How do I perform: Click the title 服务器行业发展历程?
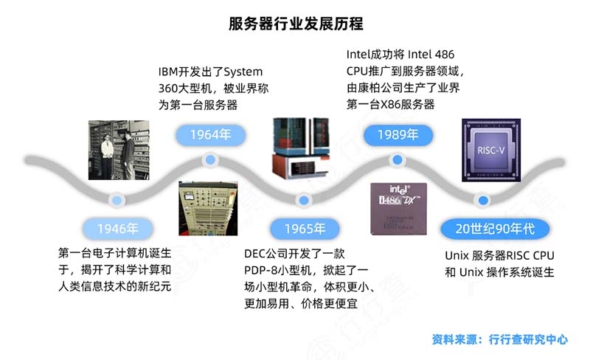tap(296, 24)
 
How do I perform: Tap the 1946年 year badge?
tap(118, 229)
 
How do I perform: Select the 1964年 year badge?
tap(210, 135)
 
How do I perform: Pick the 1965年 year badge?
tap(305, 229)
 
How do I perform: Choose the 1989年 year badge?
tap(398, 135)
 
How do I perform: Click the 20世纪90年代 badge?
tap(495, 229)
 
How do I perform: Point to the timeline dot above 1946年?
tap(117, 201)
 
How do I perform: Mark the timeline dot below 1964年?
tap(210, 159)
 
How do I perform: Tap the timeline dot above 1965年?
tap(304, 201)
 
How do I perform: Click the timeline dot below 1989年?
tap(398, 160)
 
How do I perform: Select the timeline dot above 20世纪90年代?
tap(483, 201)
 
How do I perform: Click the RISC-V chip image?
tap(491, 150)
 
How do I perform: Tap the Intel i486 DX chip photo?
tap(398, 209)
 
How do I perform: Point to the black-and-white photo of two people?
tap(119, 150)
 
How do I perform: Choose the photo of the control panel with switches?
tap(208, 209)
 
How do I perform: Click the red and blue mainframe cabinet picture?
tap(301, 148)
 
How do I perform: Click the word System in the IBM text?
tap(243, 72)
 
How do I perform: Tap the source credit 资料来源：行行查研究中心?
tap(499, 339)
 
